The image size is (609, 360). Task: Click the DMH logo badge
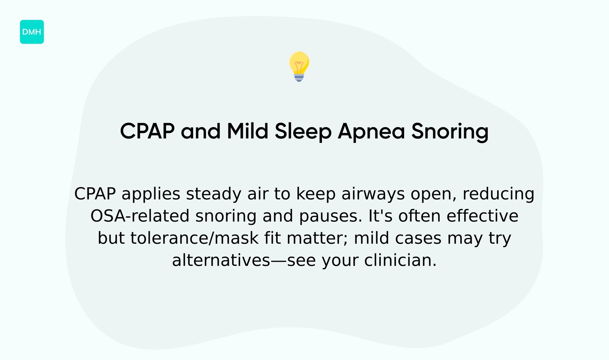32,32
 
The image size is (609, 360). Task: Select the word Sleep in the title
303,131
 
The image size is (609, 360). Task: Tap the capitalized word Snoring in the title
450,131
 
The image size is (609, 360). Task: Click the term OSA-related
140,216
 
